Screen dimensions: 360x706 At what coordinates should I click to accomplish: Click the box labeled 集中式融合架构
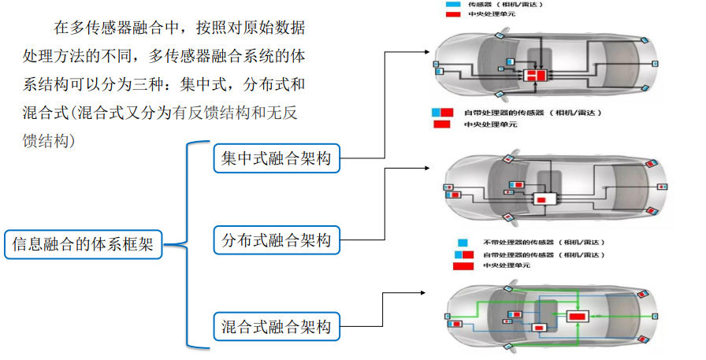click(277, 158)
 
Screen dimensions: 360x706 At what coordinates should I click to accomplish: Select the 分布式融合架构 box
click(277, 239)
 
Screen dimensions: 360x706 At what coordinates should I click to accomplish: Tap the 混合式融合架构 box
click(277, 325)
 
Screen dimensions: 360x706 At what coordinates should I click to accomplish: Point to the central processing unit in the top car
click(536, 76)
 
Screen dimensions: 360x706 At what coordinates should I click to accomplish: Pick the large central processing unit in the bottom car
click(578, 316)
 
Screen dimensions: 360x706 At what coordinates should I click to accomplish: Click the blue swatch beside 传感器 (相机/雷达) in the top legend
click(453, 4)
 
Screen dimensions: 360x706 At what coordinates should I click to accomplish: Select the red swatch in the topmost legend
click(453, 13)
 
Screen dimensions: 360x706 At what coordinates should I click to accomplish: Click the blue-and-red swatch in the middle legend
click(442, 113)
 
